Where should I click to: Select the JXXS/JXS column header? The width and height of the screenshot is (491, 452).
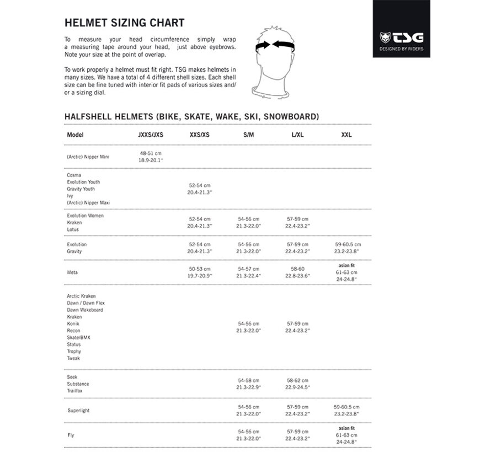tap(151, 134)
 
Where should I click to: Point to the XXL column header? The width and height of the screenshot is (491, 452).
tap(346, 134)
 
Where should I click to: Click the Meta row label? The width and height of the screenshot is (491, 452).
tap(72, 271)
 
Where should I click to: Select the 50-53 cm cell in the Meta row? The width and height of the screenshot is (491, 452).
tap(199, 271)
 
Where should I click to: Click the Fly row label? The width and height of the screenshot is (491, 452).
tap(70, 435)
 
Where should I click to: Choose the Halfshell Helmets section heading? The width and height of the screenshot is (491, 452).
tap(191, 116)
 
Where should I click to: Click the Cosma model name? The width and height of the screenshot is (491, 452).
tap(74, 175)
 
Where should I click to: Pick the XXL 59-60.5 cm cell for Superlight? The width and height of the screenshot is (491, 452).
tap(347, 410)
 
